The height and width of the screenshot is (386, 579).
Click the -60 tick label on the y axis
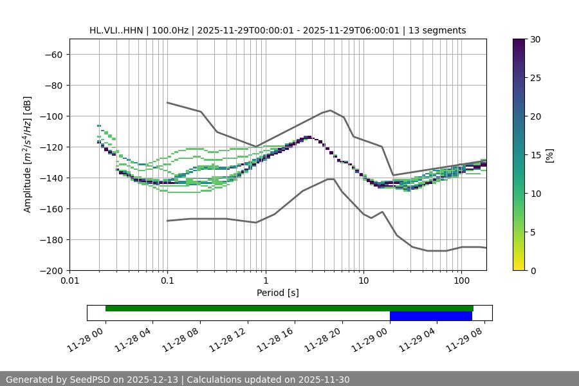(53, 54)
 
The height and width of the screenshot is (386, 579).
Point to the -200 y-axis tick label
(50, 270)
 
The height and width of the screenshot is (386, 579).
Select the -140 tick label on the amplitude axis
(50, 178)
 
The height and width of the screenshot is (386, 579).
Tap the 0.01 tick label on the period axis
(69, 281)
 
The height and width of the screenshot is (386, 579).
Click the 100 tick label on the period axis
(461, 281)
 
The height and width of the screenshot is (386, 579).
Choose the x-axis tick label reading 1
(265, 281)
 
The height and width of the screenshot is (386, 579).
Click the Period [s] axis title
(278, 293)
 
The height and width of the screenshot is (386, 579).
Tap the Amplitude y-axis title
(28, 154)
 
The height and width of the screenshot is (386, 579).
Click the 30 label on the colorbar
(535, 39)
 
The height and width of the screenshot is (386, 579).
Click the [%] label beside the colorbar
(549, 155)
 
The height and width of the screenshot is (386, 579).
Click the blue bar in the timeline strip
(430, 316)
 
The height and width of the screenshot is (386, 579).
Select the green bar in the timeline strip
(289, 308)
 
